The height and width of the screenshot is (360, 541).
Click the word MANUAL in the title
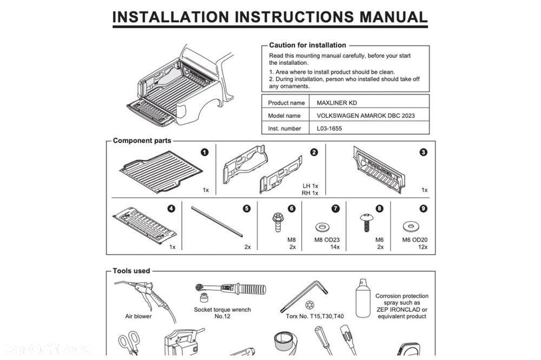393,17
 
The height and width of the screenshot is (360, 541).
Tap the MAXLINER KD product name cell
337,103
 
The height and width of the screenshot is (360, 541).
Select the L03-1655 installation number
329,128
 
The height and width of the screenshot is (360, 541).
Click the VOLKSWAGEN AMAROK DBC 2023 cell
366,116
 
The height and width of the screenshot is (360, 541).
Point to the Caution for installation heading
307,45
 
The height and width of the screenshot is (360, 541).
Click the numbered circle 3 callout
424,152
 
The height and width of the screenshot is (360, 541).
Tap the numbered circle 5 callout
247,209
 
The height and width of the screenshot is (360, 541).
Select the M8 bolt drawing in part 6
276,222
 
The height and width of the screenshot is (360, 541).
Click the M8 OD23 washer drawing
322,227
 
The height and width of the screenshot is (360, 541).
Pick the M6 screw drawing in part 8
366,222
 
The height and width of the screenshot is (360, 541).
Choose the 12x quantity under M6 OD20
423,247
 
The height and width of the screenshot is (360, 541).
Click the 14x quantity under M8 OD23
335,247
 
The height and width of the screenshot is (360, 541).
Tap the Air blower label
138,316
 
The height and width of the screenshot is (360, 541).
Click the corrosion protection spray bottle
363,298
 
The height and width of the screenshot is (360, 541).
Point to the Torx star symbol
309,305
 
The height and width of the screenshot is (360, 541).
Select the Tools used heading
131,271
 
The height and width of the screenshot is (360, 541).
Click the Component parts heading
142,141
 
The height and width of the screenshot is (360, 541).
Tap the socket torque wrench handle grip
253,289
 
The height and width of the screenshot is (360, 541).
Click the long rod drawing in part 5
217,222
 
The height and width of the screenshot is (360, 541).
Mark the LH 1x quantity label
310,186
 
